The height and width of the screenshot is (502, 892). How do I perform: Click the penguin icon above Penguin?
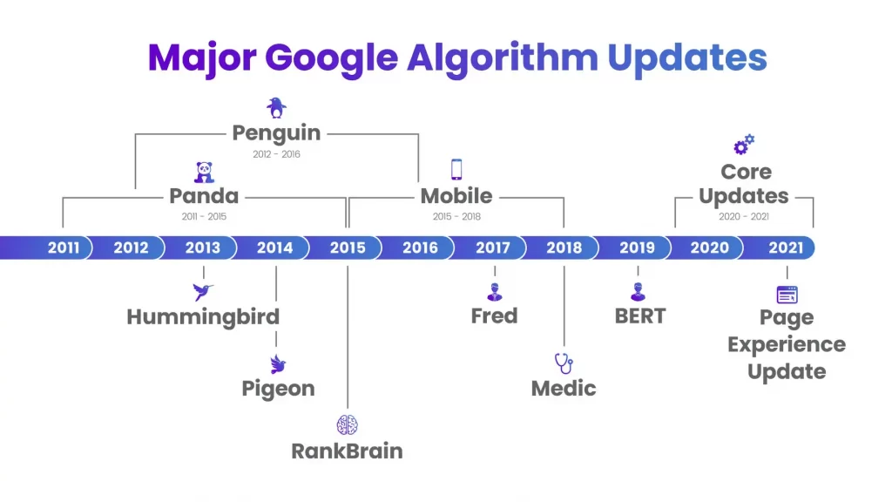coord(276,107)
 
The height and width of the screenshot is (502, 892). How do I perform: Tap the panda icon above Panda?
coord(204,173)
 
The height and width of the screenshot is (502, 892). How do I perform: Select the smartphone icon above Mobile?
coord(456,170)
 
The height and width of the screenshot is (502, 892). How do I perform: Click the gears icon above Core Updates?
coord(744,145)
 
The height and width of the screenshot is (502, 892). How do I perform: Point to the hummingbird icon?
coord(202,291)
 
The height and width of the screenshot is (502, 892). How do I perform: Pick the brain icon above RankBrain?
coord(347,425)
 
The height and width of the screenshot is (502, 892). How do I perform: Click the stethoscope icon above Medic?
coord(564,363)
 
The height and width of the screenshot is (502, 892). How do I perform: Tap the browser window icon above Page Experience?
coord(787,295)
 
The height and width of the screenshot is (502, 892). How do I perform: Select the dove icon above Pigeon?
coord(278,364)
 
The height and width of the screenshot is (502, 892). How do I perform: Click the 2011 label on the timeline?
coord(64,248)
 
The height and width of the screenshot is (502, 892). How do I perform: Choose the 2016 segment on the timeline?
coord(421,248)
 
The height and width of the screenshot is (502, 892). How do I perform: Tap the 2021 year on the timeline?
coord(786,248)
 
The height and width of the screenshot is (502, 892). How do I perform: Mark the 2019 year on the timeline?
coord(637,248)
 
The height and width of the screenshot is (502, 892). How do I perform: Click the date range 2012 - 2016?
coord(276,154)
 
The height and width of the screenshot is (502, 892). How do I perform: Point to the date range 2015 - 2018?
coord(456,216)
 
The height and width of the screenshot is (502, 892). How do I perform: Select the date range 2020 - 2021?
coord(744,216)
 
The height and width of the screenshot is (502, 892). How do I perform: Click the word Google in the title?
coord(331,59)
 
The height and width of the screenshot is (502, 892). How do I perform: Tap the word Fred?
coord(495,315)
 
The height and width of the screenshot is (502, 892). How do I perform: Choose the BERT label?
coord(640,315)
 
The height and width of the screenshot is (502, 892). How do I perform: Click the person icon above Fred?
coord(495,291)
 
